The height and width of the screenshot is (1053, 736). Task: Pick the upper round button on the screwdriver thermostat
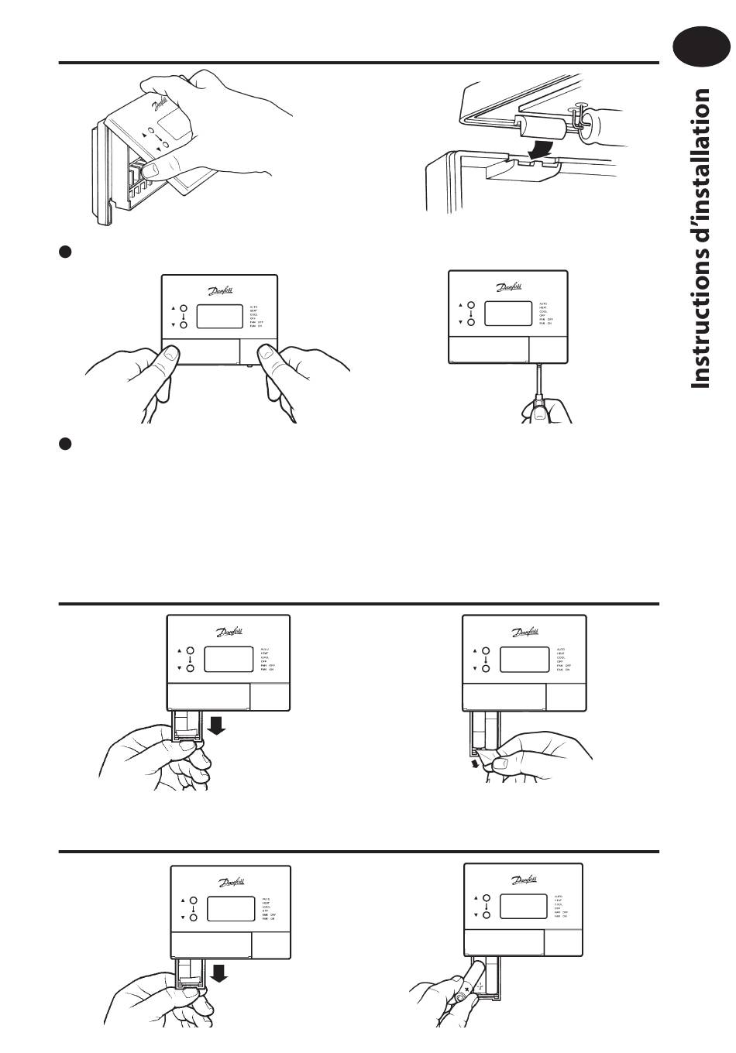pos(469,306)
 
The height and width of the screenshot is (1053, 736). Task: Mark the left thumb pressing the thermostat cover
pos(169,355)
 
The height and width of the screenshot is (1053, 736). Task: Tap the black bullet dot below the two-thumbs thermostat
pos(66,444)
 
